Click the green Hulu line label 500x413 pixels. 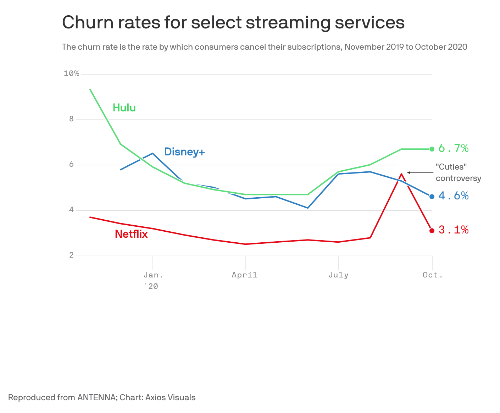(124, 108)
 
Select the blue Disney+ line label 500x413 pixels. (184, 152)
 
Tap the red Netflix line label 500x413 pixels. (131, 234)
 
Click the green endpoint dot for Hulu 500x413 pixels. (432, 149)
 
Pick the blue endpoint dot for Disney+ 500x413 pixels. (432, 197)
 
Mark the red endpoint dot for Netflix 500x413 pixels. (432, 231)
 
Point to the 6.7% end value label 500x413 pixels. (454, 148)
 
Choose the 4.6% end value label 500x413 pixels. (454, 196)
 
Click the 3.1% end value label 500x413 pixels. (454, 230)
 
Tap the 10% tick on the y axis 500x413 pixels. (71, 73)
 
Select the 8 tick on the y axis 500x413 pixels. (72, 119)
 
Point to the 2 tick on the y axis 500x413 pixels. (72, 255)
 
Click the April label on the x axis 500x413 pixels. (245, 275)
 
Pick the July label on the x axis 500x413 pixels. (338, 275)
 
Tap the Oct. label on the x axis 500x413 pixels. (433, 275)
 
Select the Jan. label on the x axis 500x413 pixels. (153, 275)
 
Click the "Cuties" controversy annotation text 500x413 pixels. (458, 172)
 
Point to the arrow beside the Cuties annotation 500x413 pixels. (420, 173)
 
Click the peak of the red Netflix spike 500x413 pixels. (401, 174)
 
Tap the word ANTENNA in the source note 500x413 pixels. (96, 397)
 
